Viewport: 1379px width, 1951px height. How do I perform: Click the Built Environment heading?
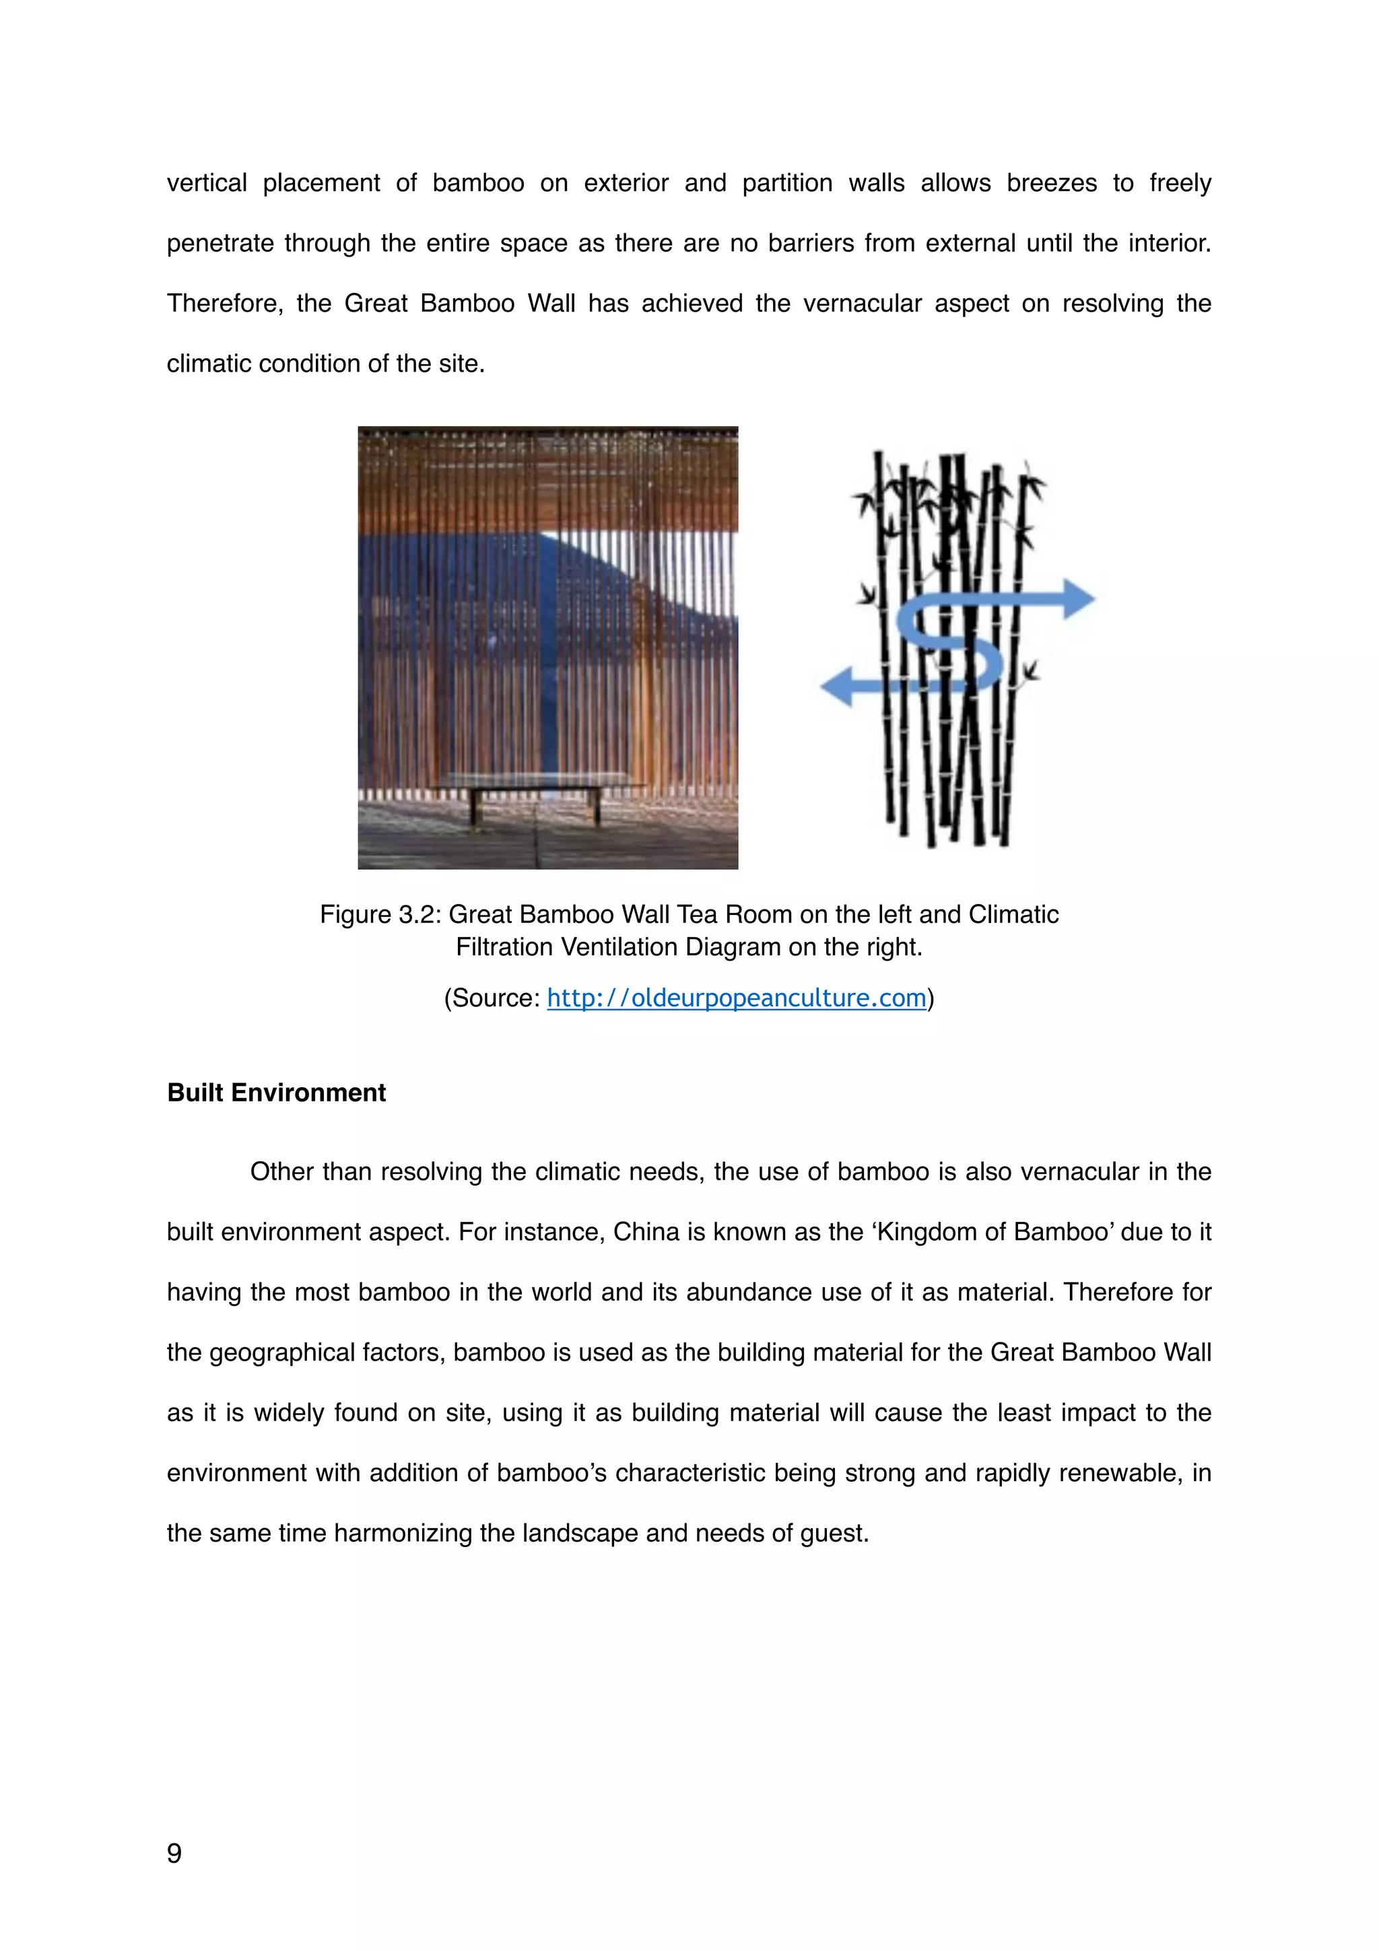pos(276,1092)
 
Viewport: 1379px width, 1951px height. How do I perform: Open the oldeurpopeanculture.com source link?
pos(736,998)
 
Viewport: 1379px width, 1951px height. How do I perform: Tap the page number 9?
pos(174,1853)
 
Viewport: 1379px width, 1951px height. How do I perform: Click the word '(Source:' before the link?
pos(492,998)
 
